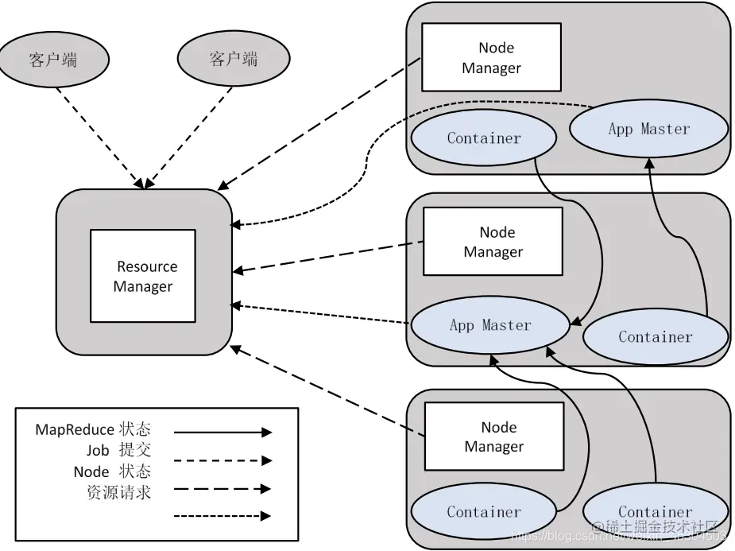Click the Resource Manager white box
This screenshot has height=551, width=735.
click(143, 276)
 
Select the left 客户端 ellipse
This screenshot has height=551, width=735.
click(53, 60)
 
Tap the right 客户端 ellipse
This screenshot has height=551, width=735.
click(233, 60)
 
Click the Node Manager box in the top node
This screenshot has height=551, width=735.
click(491, 57)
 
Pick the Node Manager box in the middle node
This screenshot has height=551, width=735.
click(493, 242)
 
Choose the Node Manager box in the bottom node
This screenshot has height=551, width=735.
click(493, 437)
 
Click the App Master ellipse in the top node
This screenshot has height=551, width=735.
click(648, 130)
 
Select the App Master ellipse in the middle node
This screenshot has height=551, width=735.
click(490, 325)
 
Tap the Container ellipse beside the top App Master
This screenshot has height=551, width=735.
click(483, 139)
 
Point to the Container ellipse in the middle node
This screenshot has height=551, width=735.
click(655, 337)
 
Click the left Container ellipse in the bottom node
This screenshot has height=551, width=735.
click(483, 512)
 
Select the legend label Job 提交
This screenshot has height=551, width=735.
click(118, 451)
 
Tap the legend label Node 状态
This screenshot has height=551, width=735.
click(112, 471)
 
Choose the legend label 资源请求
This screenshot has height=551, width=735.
click(118, 492)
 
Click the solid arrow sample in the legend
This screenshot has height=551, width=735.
click(222, 433)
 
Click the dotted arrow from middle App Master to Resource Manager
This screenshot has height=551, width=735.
click(318, 314)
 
